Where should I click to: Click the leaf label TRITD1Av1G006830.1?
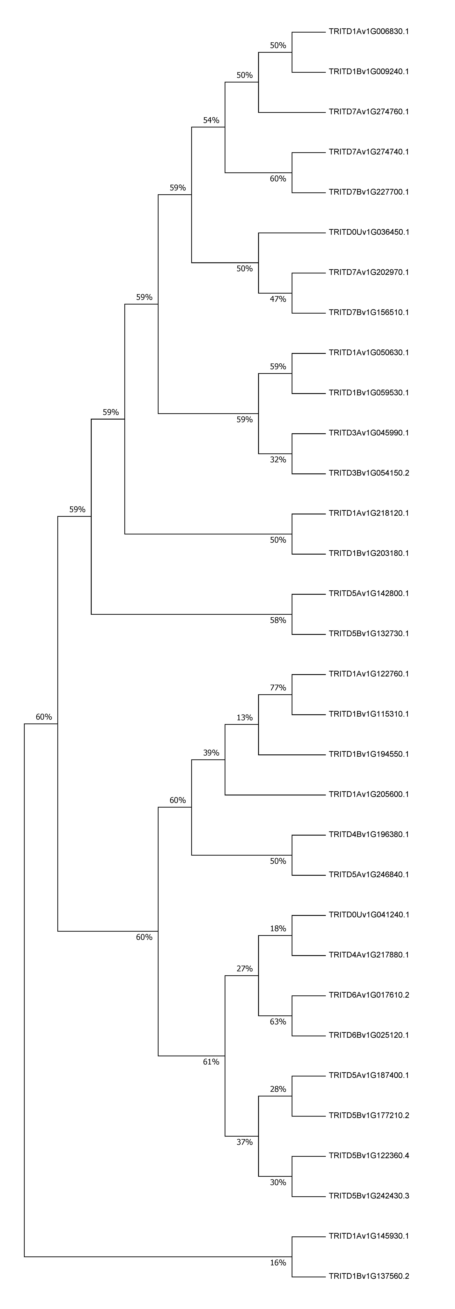pyautogui.click(x=369, y=32)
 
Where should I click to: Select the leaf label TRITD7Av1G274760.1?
pyautogui.click(x=369, y=112)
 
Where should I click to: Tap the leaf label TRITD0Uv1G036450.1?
pyautogui.click(x=369, y=232)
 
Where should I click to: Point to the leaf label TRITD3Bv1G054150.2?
pyautogui.click(x=369, y=473)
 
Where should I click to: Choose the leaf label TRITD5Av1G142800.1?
pyautogui.click(x=369, y=594)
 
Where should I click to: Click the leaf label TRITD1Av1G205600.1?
pyautogui.click(x=369, y=794)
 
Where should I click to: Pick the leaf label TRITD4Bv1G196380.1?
pyautogui.click(x=369, y=834)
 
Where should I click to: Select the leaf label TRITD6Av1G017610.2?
pyautogui.click(x=369, y=995)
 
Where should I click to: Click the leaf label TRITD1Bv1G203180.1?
pyautogui.click(x=369, y=553)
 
